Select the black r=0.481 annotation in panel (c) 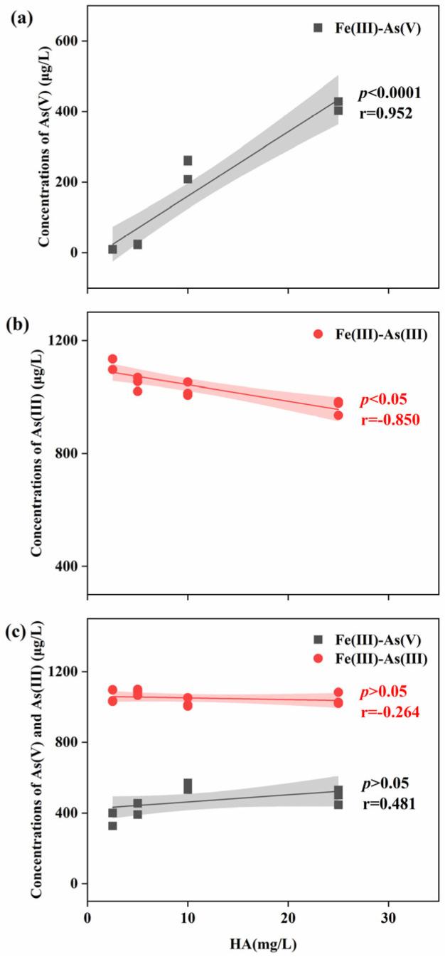coord(385,800)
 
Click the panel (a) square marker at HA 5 coord(137,244)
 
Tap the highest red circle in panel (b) coord(112,359)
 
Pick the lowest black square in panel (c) coord(112,825)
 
